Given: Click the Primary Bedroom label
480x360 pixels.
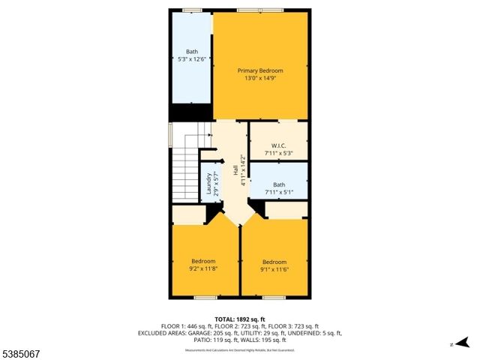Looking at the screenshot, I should tap(260, 70).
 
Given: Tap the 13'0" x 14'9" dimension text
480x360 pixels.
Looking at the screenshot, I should tap(260, 78).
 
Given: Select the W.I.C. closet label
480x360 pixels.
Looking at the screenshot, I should tap(278, 146).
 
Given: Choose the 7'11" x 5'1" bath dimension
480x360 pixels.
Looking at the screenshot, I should tap(278, 192).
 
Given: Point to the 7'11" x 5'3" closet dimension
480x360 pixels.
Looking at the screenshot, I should tap(278, 154).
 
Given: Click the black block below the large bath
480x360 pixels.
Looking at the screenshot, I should tap(190, 112).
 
